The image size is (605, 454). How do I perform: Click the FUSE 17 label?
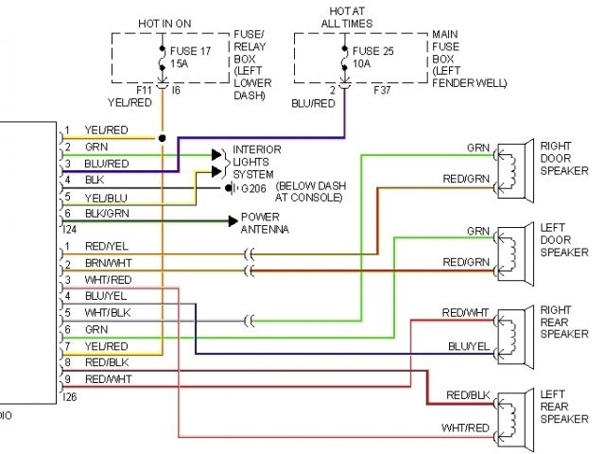pos(190,51)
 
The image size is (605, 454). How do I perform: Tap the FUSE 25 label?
pos(372,51)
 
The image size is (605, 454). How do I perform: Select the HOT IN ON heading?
pos(164,24)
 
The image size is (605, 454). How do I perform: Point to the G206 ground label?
pos(253,188)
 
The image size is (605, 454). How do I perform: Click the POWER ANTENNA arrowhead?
pos(233,221)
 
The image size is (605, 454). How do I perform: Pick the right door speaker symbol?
pos(515,170)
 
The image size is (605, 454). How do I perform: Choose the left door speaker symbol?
pos(515,254)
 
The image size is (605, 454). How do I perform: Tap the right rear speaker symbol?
pos(515,337)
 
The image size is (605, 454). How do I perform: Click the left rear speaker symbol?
pos(515,420)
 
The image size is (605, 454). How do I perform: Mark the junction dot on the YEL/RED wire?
pos(162,138)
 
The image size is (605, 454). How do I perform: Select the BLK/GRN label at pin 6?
pos(107,214)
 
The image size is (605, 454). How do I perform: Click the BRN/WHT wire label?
pos(109,263)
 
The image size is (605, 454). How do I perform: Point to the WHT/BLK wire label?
pos(108,313)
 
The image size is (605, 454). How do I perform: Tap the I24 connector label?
pos(69,230)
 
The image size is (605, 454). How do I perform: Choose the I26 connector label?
pos(69,396)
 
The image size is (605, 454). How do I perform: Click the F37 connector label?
pos(382,91)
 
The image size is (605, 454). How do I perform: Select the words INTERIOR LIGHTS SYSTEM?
pos(256,162)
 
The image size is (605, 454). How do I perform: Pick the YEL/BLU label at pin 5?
pos(106,198)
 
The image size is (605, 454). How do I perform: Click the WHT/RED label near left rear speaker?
pos(465,428)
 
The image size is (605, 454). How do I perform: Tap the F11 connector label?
pos(144,91)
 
